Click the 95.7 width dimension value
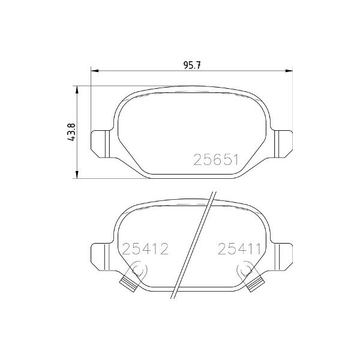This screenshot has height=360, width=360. (190, 65)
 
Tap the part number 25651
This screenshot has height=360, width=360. (215, 160)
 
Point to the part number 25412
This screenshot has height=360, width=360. (145, 248)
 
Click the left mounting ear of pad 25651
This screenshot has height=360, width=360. (101, 142)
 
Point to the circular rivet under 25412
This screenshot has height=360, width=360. (137, 271)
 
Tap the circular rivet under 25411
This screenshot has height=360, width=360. (245, 271)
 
